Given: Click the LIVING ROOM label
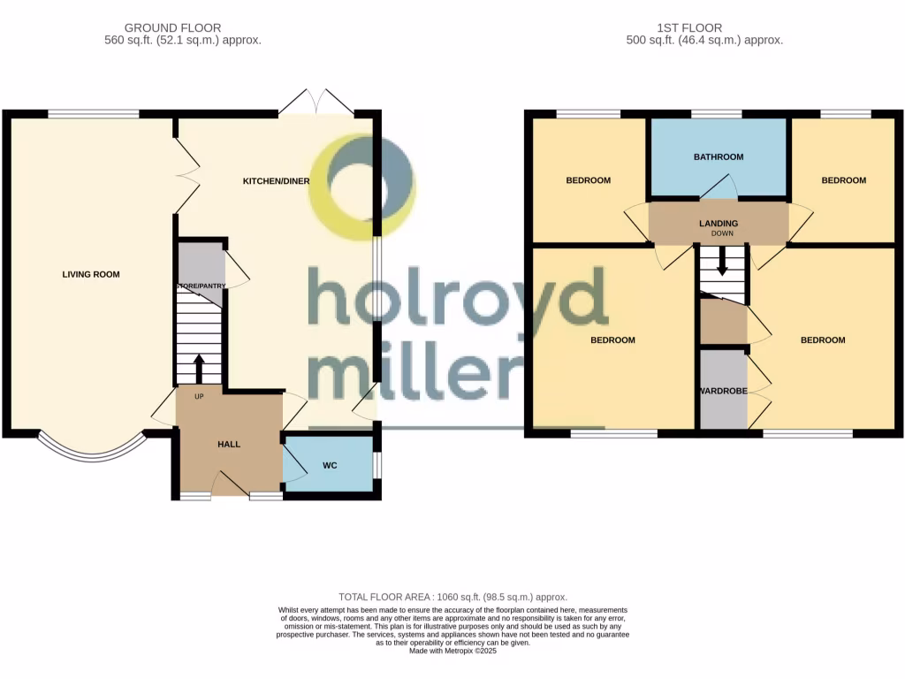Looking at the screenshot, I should click(91, 274).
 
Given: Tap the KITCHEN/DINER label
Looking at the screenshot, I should click(277, 181).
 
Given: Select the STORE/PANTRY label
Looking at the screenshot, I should click(199, 286).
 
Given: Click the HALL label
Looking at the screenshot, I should click(229, 444).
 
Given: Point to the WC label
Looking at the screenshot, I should click(330, 465).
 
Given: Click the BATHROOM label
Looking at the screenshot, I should click(718, 157).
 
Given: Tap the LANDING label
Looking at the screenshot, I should click(718, 223).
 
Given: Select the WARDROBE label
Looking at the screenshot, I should click(724, 391).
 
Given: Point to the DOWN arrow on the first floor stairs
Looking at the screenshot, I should click(722, 261).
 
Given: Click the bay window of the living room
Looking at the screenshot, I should click(92, 450).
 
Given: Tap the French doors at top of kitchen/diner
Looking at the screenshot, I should click(316, 102).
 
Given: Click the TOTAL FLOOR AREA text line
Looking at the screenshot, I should click(452, 597).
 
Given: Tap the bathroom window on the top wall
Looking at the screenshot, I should click(716, 114).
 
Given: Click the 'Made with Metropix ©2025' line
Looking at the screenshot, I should click(452, 651).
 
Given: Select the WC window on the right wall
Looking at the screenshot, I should click(377, 465).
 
